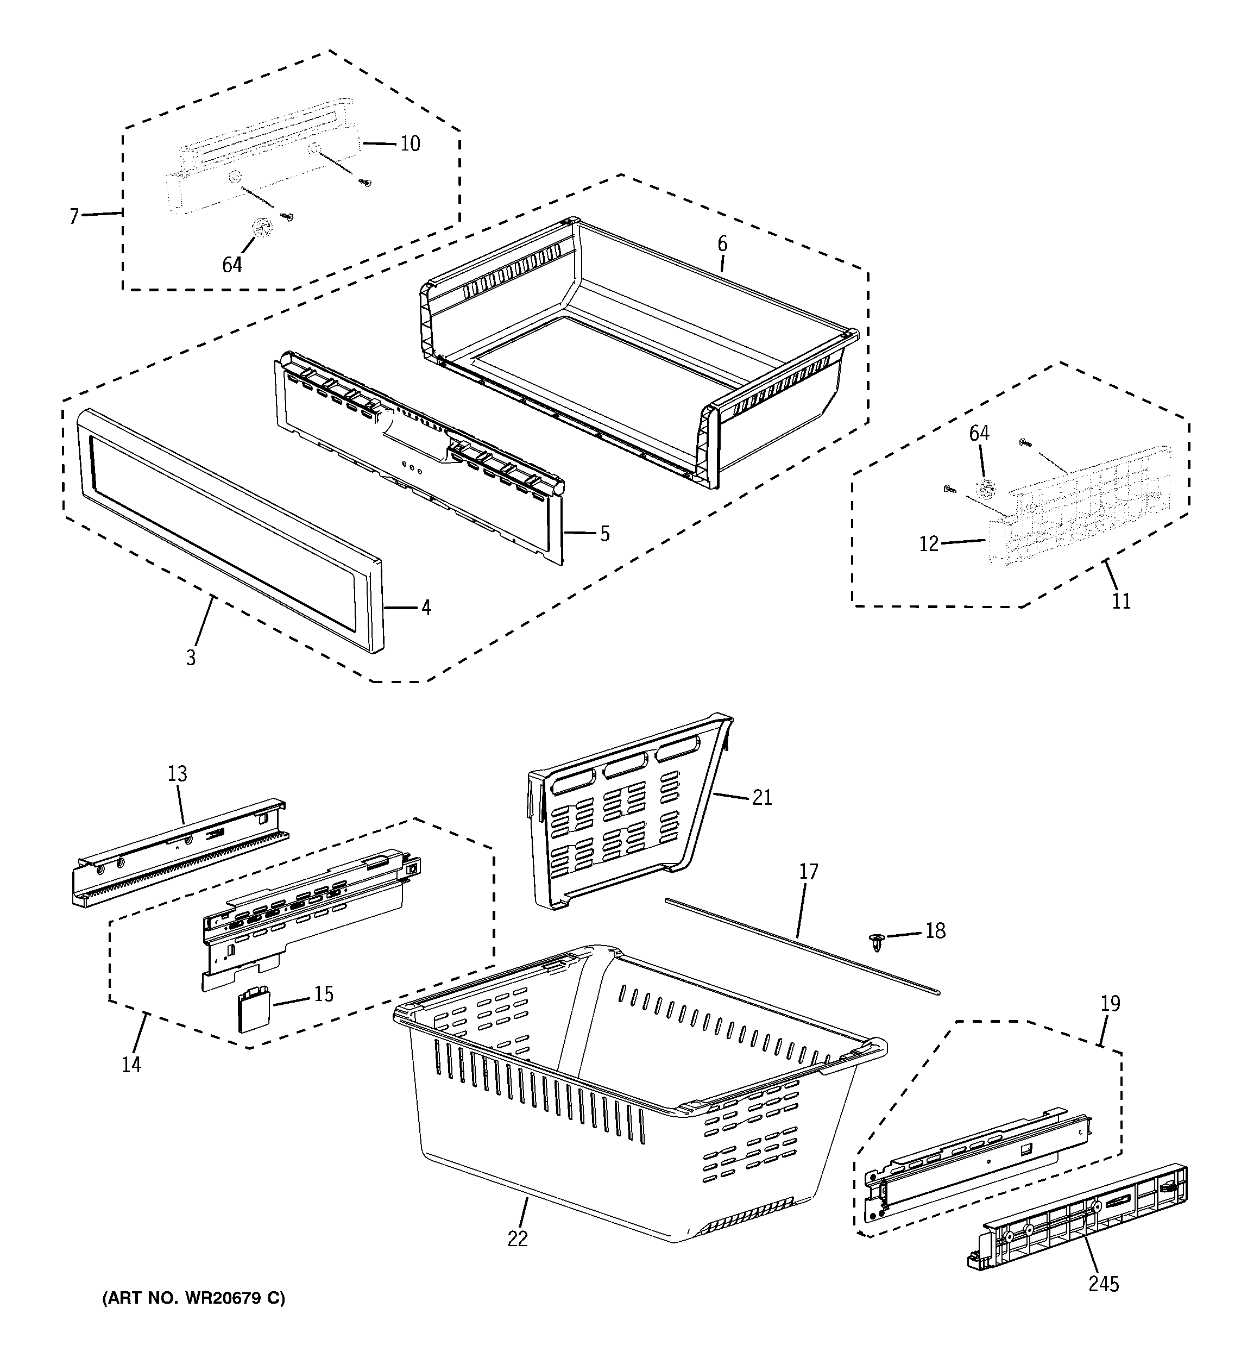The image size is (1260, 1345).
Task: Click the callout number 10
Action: pos(410,143)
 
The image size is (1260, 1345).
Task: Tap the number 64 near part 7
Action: pos(232,265)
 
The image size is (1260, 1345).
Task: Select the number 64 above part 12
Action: pos(979,433)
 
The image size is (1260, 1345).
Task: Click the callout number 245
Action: pos(1104,1284)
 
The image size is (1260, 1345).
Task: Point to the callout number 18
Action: pos(935,931)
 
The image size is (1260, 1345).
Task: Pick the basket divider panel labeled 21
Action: pos(622,812)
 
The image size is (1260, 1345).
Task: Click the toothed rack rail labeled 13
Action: pos(179,853)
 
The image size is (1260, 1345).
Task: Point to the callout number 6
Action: pos(722,243)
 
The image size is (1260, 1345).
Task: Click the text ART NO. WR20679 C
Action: pos(193,1298)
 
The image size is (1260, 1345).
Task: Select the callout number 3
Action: pos(191,657)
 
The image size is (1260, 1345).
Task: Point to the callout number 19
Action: pos(1110,1003)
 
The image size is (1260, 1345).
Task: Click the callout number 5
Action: pos(604,534)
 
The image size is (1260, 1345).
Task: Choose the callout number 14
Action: pos(131,1064)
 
